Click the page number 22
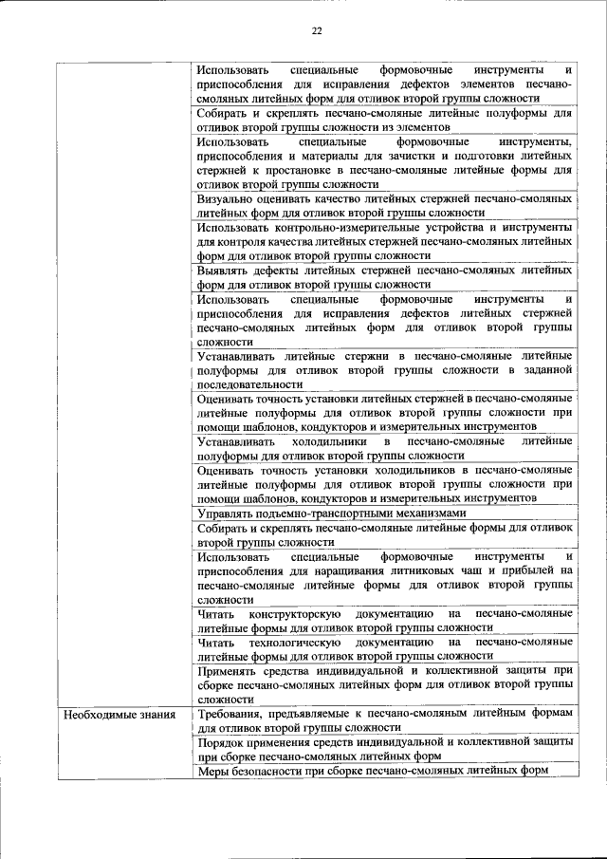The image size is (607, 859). (318, 31)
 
